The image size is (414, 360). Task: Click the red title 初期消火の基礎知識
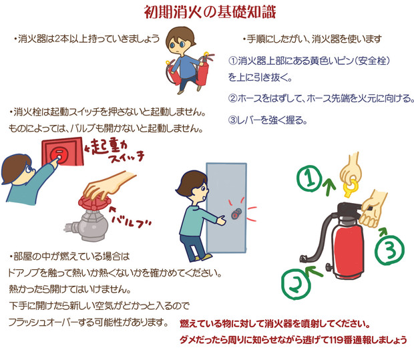[x=210, y=12]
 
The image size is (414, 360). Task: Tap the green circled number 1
[x=310, y=178]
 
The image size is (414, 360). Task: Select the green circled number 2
[x=295, y=283]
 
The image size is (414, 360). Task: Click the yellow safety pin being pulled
[x=351, y=188]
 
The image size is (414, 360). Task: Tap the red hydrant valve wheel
[x=94, y=203]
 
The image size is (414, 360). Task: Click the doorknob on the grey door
[x=236, y=214]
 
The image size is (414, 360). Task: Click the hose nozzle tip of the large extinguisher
[x=304, y=258]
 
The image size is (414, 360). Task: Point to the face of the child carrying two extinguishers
[x=180, y=42]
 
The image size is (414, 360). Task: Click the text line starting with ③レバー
[x=268, y=120]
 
